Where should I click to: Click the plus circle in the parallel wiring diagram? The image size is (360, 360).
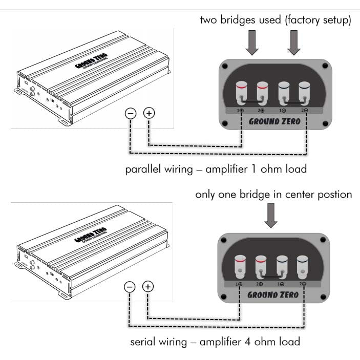148,113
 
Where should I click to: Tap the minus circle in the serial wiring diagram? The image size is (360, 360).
131,287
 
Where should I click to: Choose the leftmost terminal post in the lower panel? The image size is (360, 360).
240,265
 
